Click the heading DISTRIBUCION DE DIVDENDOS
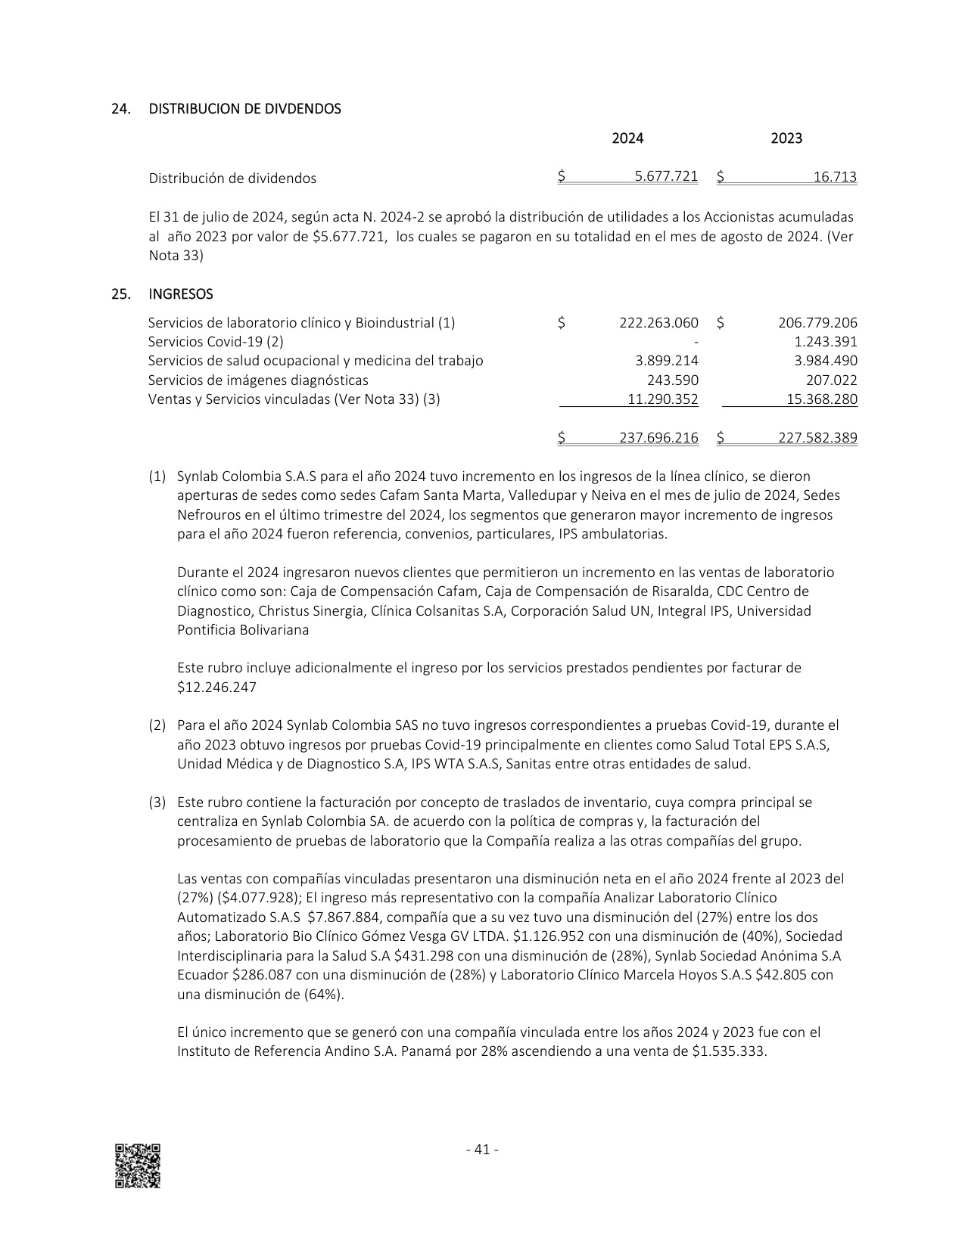pos(244,109)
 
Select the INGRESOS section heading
pos(180,294)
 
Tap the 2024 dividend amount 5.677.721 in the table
pos(666,177)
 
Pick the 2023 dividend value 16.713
pos(835,178)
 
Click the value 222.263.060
pos(658,323)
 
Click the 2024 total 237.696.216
pos(658,438)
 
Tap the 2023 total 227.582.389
pos(817,438)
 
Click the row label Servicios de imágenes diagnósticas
pos(258,380)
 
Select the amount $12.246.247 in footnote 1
pos(217,688)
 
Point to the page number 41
pos(481,1150)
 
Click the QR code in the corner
pos(138,1166)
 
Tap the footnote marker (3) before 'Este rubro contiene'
pos(157,802)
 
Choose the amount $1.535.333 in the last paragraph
pos(729,1051)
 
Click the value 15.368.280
pos(821,399)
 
